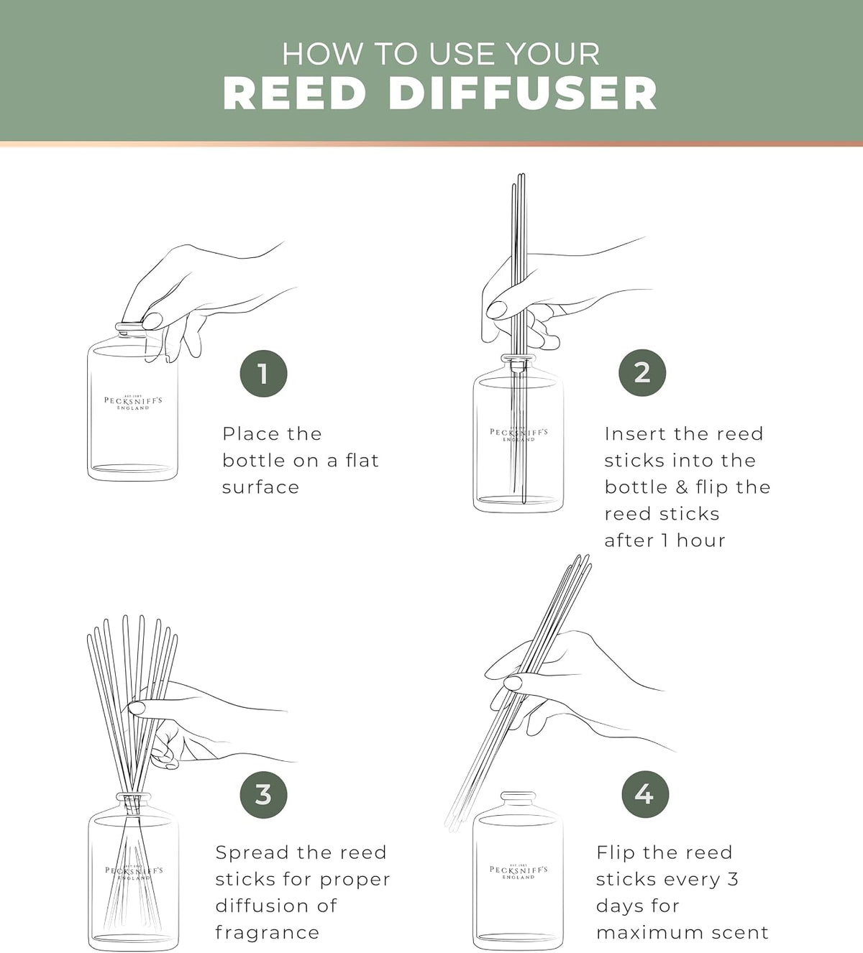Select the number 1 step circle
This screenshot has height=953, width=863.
(263, 374)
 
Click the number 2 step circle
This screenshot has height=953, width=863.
(642, 372)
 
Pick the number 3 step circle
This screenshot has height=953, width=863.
(263, 794)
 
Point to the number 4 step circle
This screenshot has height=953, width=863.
(645, 794)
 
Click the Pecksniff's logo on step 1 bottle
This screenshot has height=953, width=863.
(133, 402)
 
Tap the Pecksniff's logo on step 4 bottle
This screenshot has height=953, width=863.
(519, 871)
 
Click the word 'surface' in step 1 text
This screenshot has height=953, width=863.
(260, 487)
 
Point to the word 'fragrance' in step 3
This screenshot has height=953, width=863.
(268, 933)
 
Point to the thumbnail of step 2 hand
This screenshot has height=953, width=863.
(496, 309)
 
